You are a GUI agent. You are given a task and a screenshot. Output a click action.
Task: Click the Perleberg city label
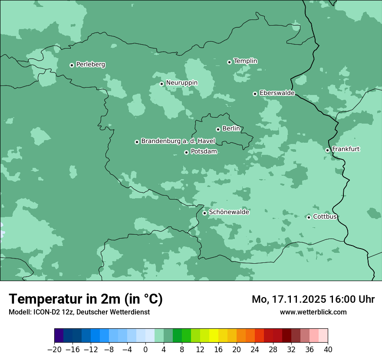90,65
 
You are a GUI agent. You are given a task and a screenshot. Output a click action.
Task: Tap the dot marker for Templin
229,62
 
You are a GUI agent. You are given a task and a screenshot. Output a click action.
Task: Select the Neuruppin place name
181,83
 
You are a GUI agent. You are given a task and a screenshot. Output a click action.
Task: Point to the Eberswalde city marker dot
255,94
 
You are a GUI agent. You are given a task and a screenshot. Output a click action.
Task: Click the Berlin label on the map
231,129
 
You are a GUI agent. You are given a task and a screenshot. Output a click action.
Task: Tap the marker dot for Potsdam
186,152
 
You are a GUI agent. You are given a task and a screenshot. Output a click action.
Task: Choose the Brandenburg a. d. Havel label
178,141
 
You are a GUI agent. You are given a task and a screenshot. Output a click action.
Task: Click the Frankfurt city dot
327,150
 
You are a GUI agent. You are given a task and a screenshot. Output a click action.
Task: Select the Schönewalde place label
229,213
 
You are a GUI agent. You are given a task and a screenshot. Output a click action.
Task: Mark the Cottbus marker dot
309,217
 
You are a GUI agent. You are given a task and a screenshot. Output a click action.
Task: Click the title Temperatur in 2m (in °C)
86,299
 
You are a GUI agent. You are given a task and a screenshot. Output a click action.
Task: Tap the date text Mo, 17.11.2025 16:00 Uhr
313,299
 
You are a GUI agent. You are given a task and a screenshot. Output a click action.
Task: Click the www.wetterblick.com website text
313,312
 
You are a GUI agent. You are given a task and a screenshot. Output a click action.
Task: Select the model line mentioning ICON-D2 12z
79,312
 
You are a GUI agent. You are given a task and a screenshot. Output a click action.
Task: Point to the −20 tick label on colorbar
54,350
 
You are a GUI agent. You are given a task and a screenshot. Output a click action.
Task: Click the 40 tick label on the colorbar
328,350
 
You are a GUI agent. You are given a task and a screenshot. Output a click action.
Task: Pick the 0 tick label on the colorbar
145,350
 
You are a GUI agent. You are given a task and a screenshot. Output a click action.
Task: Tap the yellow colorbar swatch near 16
214,336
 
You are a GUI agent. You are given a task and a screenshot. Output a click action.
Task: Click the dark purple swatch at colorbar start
59,336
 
